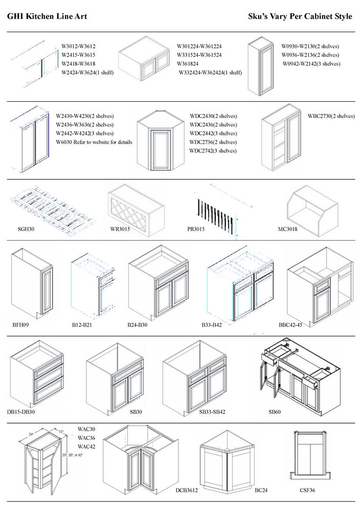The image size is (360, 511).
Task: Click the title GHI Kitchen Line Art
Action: [47, 16]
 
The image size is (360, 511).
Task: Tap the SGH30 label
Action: [26, 229]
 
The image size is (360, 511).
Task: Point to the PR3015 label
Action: [196, 229]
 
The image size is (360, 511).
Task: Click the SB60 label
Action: [274, 411]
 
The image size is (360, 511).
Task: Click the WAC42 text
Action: [86, 447]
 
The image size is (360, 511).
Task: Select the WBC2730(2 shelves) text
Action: [331, 116]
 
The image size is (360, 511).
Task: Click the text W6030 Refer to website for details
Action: [94, 142]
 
